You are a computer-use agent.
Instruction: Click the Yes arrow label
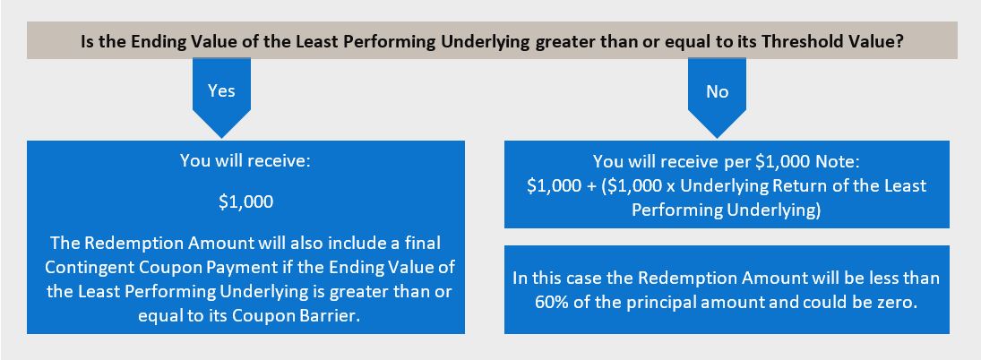pos(221,90)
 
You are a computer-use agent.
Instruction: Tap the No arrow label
pos(717,91)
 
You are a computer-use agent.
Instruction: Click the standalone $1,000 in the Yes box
pos(245,203)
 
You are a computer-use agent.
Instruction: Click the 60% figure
pos(550,302)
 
